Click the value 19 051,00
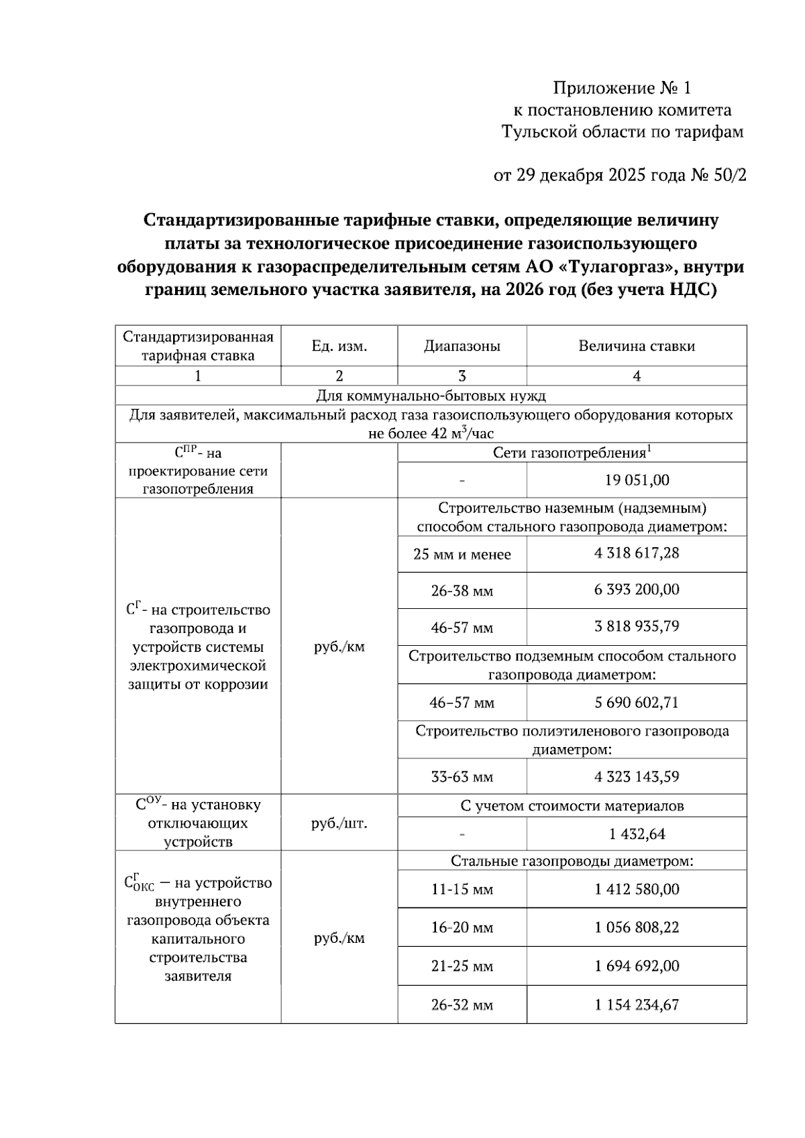coord(637,480)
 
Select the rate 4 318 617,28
coord(637,553)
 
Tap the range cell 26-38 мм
coord(462,591)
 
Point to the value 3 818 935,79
coord(637,626)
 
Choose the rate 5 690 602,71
coord(637,703)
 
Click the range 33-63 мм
coord(462,777)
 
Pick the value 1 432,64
coord(637,834)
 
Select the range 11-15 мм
coord(462,890)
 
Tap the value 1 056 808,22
coord(637,927)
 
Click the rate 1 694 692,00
coord(637,966)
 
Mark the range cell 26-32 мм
coord(462,1005)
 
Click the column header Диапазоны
coord(462,346)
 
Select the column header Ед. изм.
coord(339,346)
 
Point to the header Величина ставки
coord(637,346)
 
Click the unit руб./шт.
coord(339,823)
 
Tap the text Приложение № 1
coord(621,88)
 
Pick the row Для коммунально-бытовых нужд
coord(431,395)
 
